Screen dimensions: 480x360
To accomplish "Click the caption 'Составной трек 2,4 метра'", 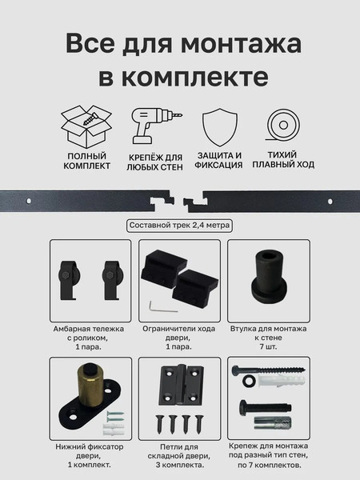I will tap(179, 226).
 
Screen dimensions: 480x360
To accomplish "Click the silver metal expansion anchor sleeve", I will tap(268, 422).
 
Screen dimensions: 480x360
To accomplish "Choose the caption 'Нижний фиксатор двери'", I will tap(85, 454).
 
